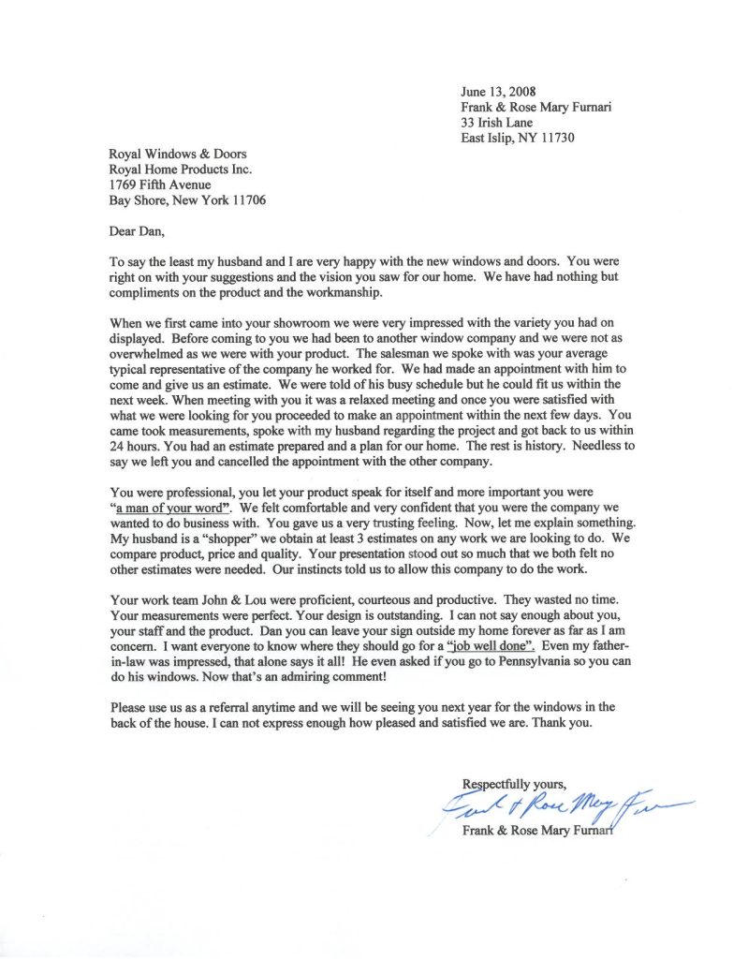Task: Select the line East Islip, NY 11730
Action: [x=517, y=138]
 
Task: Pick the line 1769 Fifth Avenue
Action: [x=159, y=184]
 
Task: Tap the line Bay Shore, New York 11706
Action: [x=187, y=200]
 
